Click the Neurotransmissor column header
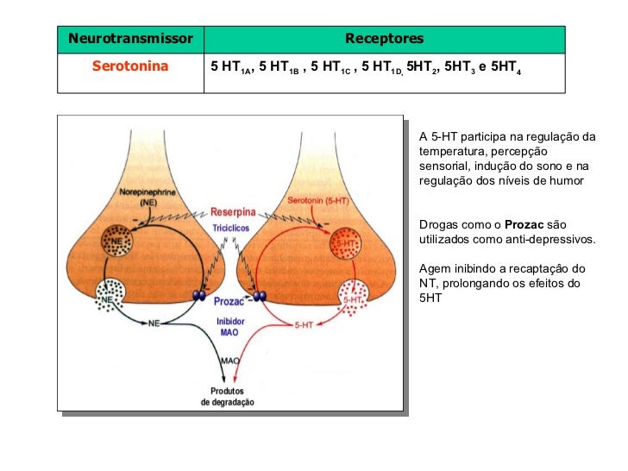coord(130,39)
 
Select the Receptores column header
coord(384,39)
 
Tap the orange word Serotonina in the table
coord(130,66)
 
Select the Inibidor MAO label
coord(230,326)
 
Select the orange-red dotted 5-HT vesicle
coord(346,245)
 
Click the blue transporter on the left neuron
coord(199,297)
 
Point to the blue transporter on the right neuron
coord(258,297)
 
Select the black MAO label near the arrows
coord(230,360)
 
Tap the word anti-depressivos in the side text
coord(549,238)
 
